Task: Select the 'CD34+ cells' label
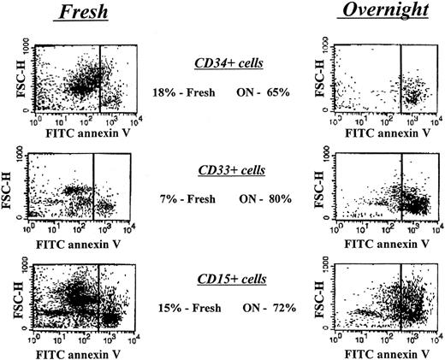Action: pyautogui.click(x=226, y=63)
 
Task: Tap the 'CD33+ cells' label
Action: pyautogui.click(x=226, y=170)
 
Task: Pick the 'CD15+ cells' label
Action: pyautogui.click(x=226, y=280)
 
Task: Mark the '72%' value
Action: pyautogui.click(x=283, y=306)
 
